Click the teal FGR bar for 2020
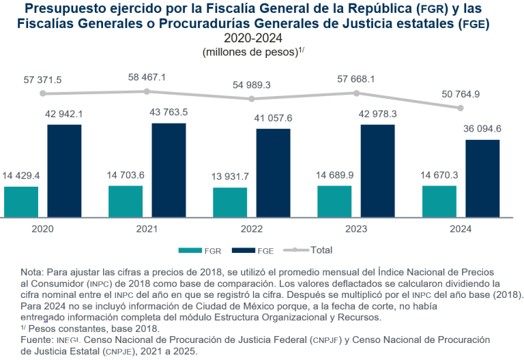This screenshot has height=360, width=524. [21, 201]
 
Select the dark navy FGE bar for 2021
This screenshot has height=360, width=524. [169, 170]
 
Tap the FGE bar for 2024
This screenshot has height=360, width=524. [482, 178]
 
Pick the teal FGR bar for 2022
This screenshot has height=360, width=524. [230, 202]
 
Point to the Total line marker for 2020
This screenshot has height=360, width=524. [43, 93]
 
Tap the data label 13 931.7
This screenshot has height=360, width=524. [230, 177]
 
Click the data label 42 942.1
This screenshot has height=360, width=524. [65, 112]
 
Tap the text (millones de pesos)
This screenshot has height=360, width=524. [252, 52]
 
